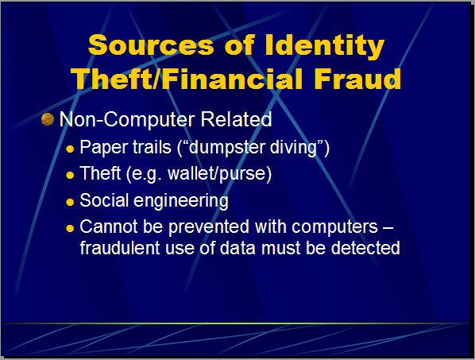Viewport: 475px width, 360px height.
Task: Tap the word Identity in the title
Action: point(325,46)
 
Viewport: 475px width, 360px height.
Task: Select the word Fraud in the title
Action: point(357,79)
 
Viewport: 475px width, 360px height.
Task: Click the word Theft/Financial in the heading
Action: point(187,79)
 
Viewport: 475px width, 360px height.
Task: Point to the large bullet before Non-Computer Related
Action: point(48,119)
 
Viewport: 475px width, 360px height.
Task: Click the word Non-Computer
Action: point(127,119)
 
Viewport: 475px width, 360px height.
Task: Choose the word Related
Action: point(236,118)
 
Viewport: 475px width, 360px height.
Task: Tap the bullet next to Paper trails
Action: point(70,149)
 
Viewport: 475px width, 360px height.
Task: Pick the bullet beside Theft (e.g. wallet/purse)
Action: point(70,175)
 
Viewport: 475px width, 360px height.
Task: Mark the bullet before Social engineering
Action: point(70,202)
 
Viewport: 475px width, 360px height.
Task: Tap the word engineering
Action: point(181,201)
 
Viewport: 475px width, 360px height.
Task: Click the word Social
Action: point(104,200)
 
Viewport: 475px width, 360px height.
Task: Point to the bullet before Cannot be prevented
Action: point(70,228)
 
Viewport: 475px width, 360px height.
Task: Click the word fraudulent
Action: point(120,248)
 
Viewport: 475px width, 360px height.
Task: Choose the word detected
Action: point(365,248)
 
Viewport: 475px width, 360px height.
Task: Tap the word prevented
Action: point(209,227)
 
